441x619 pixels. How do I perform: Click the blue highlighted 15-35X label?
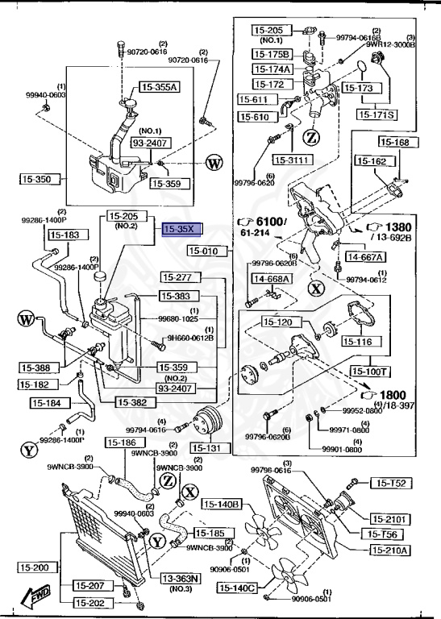click(x=178, y=230)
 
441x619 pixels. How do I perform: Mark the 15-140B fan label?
click(x=222, y=504)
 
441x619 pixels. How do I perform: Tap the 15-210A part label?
click(x=390, y=550)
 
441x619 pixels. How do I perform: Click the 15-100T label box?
click(x=370, y=372)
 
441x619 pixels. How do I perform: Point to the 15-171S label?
click(x=377, y=114)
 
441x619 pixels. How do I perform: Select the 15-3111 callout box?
click(x=291, y=160)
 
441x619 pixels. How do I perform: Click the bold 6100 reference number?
click(x=272, y=222)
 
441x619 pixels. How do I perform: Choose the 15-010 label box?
click(x=208, y=251)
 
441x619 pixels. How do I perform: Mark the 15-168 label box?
click(x=396, y=143)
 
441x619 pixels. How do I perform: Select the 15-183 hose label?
click(x=65, y=235)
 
